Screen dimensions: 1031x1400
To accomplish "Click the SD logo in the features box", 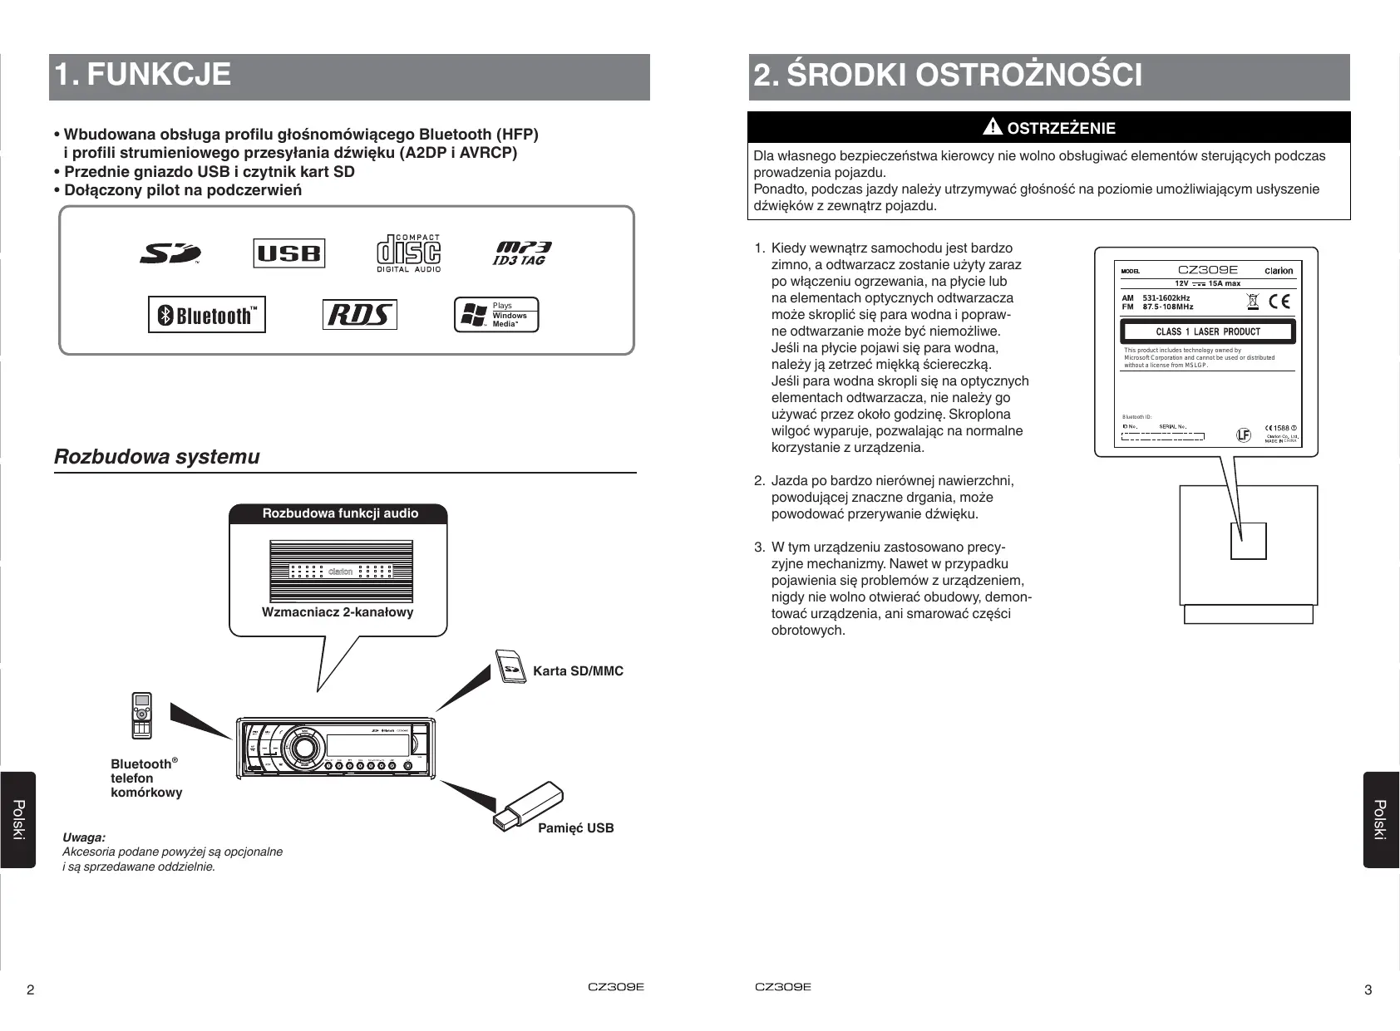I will tap(170, 253).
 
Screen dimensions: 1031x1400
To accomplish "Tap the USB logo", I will tap(288, 253).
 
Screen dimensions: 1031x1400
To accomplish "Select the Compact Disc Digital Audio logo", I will tap(408, 253).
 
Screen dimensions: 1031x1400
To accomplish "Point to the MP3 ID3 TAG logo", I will tap(521, 253).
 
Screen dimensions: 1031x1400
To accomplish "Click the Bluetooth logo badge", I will tap(207, 315).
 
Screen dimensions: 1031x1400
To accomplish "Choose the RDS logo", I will tap(359, 315).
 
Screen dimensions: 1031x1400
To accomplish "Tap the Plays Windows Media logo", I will tap(496, 316).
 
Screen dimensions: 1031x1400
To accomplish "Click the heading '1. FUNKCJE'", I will tap(143, 75).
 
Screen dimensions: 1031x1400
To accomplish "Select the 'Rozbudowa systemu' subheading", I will tap(157, 457).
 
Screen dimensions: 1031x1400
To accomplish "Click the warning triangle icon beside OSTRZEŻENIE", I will tap(993, 127).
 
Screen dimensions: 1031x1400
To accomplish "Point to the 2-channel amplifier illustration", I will tap(341, 572).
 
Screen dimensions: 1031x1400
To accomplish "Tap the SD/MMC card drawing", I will tap(510, 667).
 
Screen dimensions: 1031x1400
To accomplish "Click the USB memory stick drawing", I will tap(526, 805).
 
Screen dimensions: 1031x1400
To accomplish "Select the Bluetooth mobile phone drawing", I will tap(141, 715).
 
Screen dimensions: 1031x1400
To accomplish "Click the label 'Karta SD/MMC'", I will tap(578, 671).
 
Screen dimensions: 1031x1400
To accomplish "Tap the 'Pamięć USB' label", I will tap(575, 828).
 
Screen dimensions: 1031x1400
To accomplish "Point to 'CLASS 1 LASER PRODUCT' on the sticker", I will tap(1207, 331).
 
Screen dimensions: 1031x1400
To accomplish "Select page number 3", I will tap(1368, 989).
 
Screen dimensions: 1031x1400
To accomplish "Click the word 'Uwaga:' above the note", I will tap(84, 837).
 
